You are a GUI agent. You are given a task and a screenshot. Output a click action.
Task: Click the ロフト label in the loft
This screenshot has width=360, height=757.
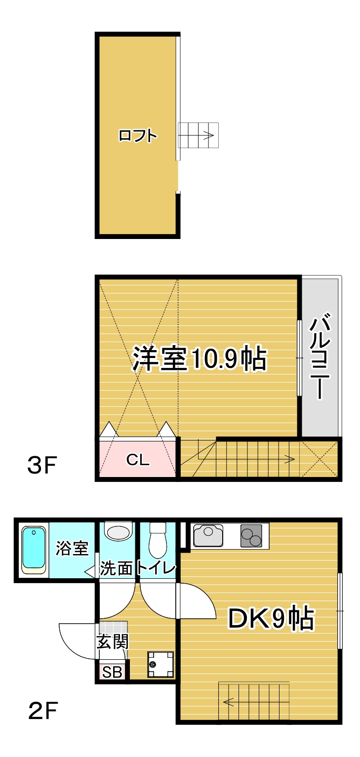(x=138, y=135)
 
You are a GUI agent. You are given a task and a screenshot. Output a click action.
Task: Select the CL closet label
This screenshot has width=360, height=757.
(x=138, y=460)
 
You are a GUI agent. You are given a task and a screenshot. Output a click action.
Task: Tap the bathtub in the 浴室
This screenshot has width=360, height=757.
(x=34, y=550)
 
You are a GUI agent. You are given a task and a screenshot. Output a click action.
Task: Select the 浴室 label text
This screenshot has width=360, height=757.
(x=72, y=549)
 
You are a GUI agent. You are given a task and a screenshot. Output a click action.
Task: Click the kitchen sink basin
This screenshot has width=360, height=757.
(x=208, y=535)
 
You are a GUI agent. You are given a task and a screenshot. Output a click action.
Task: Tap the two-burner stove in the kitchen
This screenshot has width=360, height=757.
(x=251, y=536)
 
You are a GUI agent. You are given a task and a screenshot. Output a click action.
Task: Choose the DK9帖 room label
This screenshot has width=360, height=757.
(x=271, y=618)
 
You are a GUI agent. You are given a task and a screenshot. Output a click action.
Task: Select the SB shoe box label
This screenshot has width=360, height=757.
(x=112, y=673)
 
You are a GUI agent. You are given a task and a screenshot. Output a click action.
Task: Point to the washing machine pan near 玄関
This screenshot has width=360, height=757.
(x=160, y=665)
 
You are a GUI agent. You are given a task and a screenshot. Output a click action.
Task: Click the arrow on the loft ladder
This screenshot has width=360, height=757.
(x=205, y=135)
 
